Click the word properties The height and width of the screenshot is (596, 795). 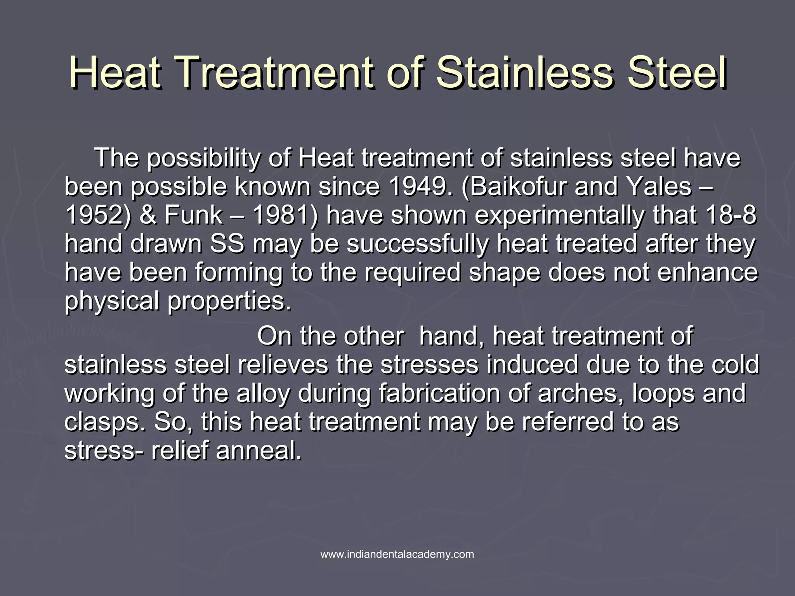point(229,301)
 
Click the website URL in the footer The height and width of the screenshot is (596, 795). point(397,554)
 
